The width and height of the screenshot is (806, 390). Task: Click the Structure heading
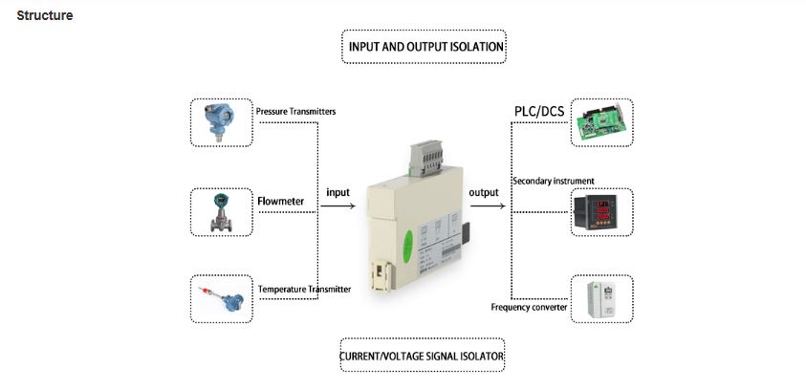click(x=45, y=16)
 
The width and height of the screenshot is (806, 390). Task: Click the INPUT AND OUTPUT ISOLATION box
click(x=424, y=46)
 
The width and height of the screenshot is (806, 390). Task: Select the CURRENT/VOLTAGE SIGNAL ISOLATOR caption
click(x=422, y=357)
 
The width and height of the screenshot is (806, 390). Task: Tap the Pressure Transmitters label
click(x=295, y=111)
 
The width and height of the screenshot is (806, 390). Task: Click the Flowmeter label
click(x=280, y=202)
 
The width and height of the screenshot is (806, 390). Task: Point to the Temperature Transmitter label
click(x=304, y=289)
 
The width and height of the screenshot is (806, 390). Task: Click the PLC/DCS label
click(x=539, y=112)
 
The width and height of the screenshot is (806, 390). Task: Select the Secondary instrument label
click(x=554, y=181)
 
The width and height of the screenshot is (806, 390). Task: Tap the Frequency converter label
click(x=529, y=307)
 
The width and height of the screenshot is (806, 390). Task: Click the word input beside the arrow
click(x=338, y=192)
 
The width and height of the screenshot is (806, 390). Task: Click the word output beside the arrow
click(x=484, y=192)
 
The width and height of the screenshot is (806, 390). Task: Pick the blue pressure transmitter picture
click(x=220, y=121)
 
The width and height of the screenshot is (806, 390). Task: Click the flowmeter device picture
click(x=220, y=211)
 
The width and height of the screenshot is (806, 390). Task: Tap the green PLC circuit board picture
click(x=601, y=121)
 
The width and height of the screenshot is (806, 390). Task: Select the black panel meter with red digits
click(x=601, y=211)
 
